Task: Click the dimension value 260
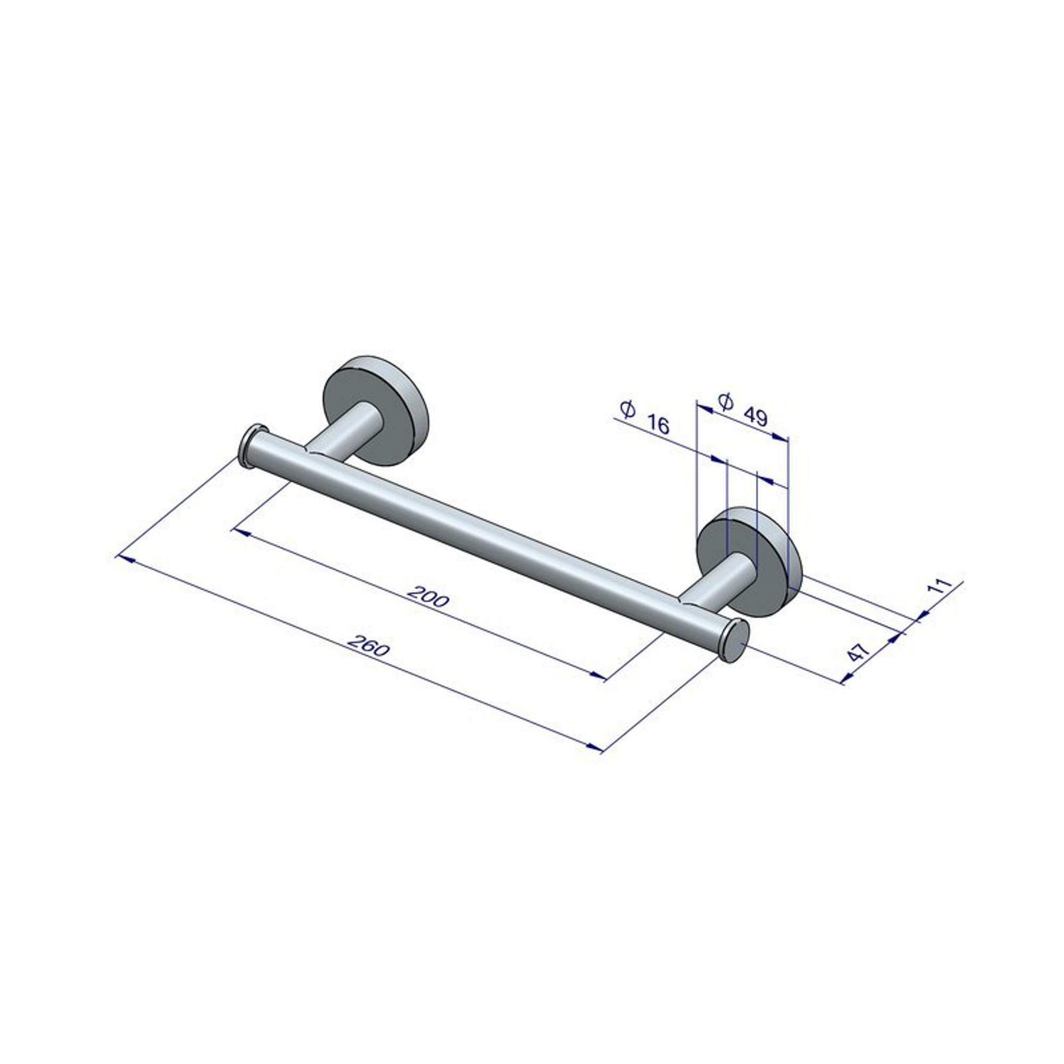(369, 645)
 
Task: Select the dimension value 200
(427, 597)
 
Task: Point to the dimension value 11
(940, 586)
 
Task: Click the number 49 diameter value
(755, 417)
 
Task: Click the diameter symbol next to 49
(726, 402)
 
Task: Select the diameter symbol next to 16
(628, 409)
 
